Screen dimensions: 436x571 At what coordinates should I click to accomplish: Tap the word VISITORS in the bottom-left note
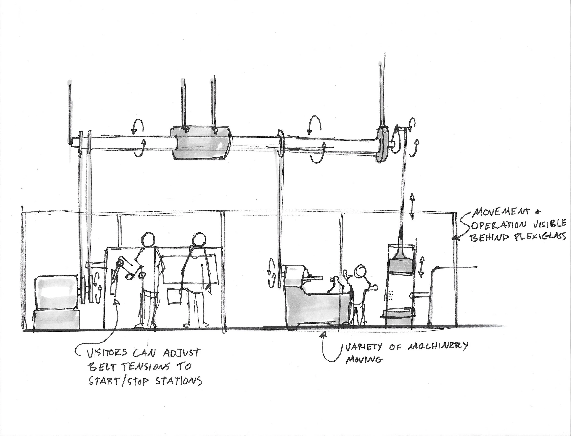106,353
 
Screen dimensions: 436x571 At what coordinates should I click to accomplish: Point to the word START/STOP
119,381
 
